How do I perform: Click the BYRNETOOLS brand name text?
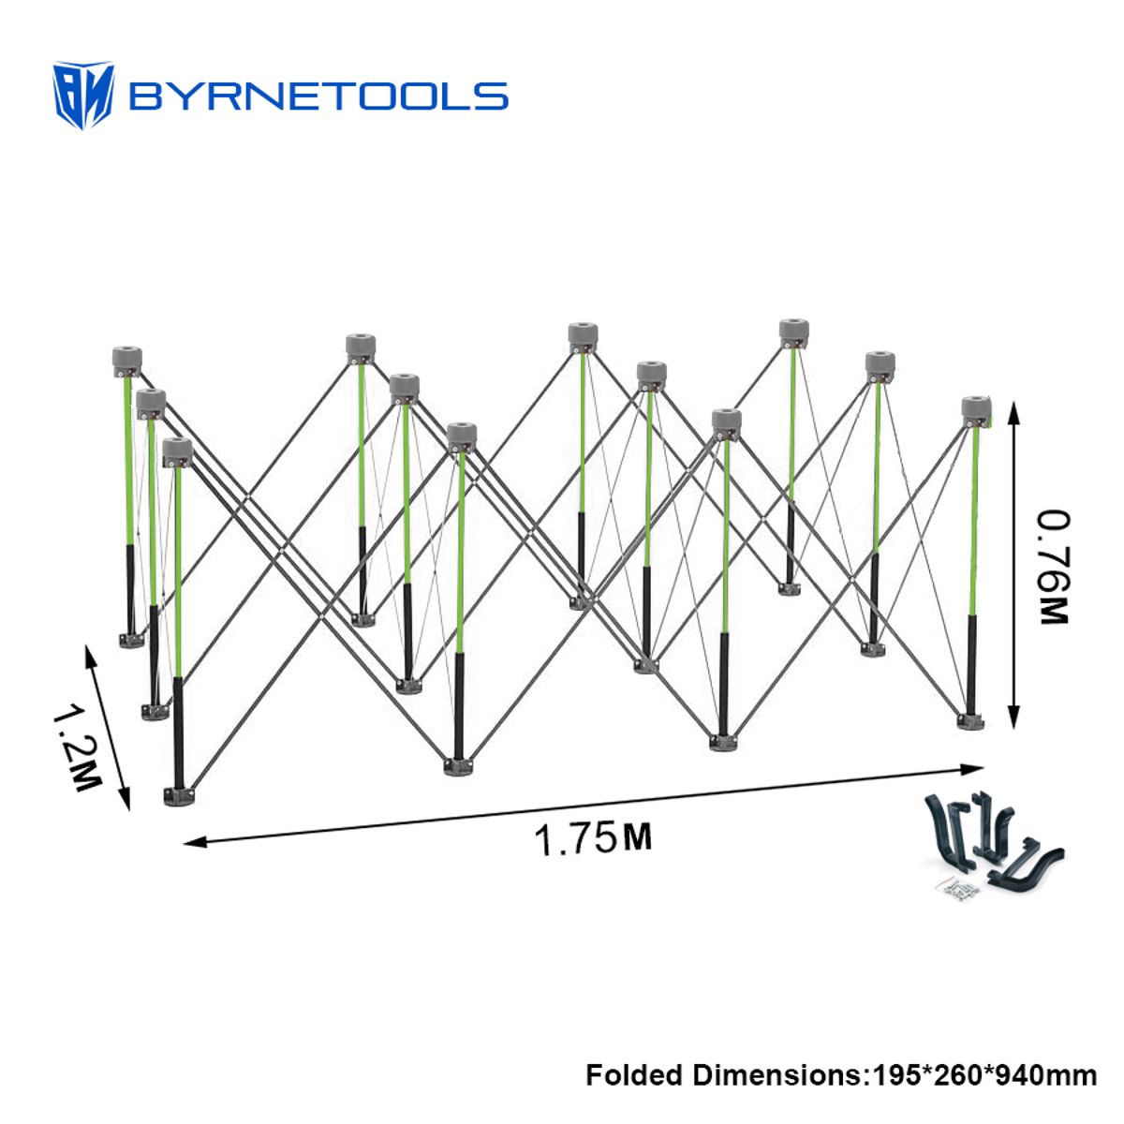(318, 96)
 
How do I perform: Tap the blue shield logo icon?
(83, 96)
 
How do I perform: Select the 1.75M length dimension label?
(593, 838)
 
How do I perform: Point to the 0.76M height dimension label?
(1055, 568)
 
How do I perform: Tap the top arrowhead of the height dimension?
(1013, 412)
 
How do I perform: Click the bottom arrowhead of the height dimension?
(1013, 717)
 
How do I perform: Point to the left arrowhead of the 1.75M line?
(195, 842)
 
